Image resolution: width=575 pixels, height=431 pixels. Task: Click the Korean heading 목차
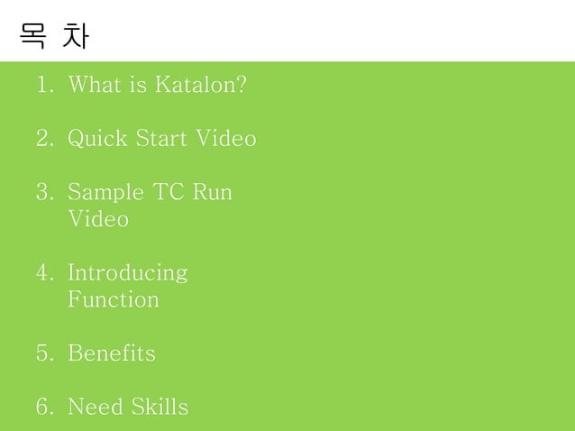(54, 37)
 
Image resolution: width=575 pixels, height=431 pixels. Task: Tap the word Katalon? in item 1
(201, 86)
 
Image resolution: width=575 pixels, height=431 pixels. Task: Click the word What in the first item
(94, 86)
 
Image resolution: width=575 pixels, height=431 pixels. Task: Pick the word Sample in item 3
(105, 193)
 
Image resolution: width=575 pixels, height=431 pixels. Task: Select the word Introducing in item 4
(128, 273)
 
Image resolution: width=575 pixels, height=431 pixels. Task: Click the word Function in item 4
(114, 299)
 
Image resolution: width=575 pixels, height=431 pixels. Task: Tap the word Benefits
(112, 353)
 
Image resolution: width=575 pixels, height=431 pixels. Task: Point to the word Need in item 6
(96, 407)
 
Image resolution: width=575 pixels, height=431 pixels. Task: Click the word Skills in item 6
(159, 407)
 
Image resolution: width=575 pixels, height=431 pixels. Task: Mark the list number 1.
(44, 86)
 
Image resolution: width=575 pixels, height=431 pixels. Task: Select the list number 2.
(44, 140)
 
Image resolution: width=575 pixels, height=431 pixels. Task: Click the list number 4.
(44, 273)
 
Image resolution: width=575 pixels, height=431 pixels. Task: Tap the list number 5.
(44, 353)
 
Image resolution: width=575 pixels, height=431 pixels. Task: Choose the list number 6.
(44, 407)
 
